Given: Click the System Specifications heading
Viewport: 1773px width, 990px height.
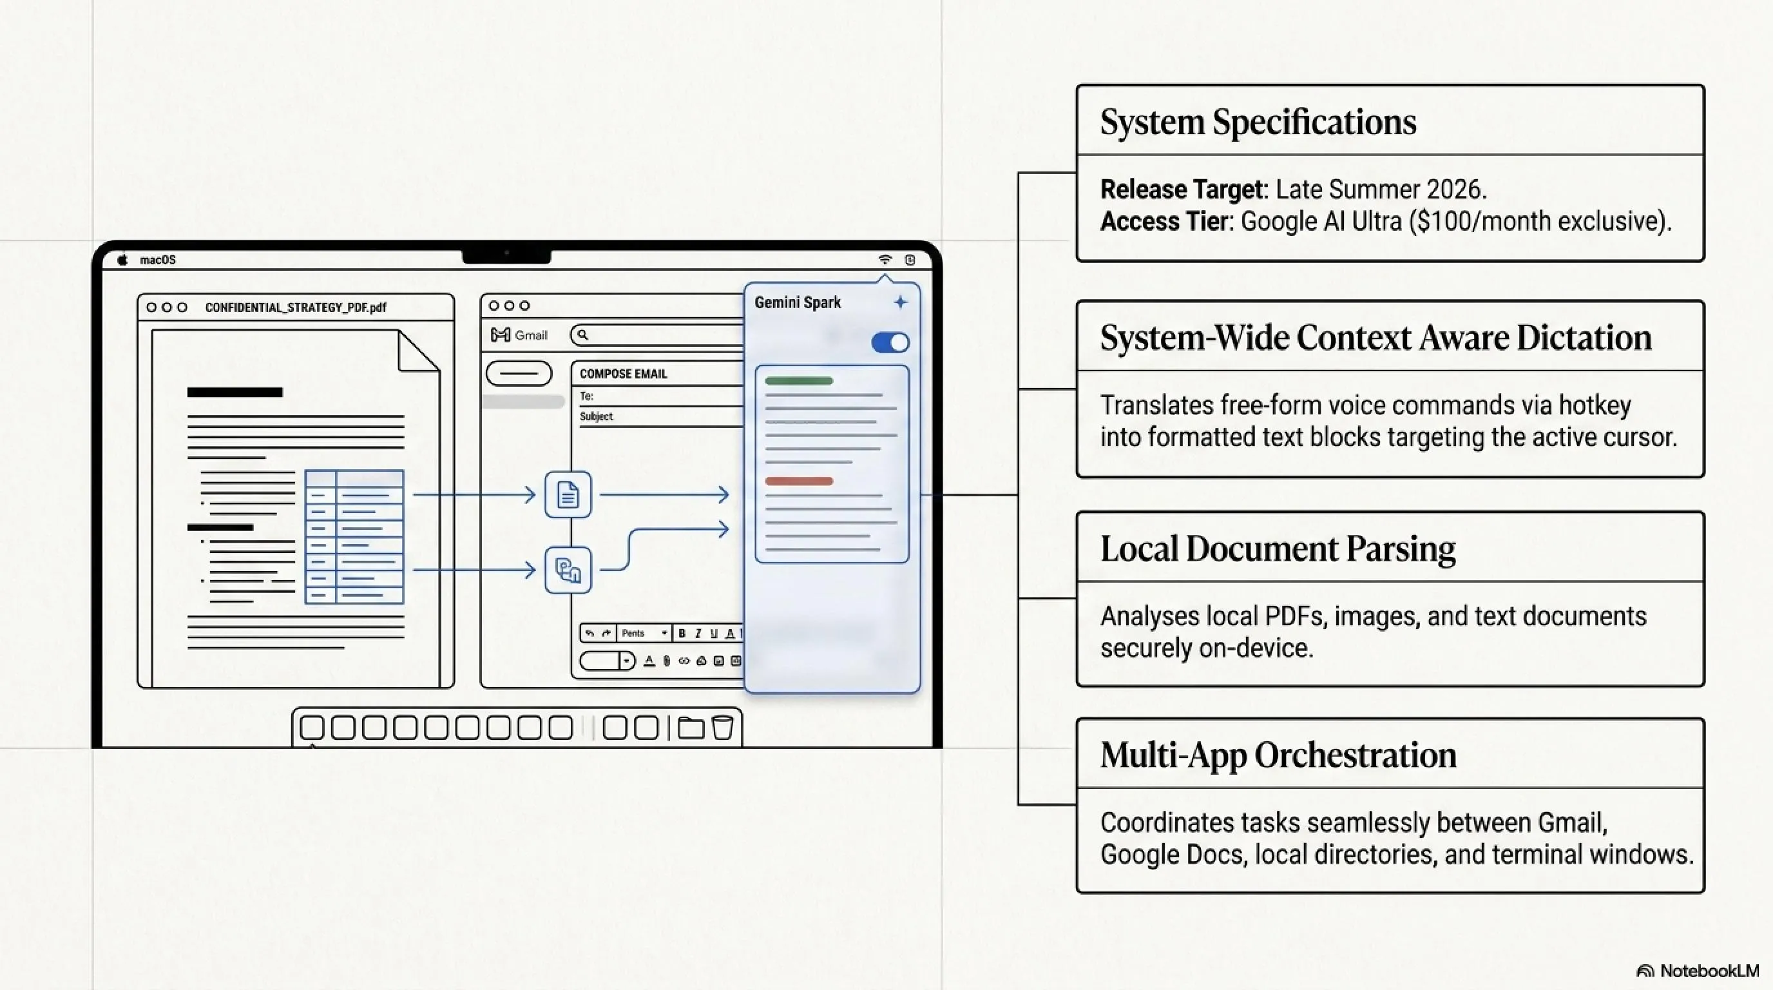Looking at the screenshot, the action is [x=1258, y=122].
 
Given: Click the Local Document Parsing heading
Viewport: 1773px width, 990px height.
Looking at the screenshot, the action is [x=1278, y=548].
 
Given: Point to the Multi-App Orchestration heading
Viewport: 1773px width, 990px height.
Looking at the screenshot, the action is [x=1278, y=755].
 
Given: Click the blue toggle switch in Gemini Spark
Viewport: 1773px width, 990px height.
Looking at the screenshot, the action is [x=890, y=342].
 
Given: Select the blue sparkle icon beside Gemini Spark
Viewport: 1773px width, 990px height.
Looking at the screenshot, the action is [x=900, y=302].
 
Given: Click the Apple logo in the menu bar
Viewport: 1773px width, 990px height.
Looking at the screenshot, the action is [x=122, y=260].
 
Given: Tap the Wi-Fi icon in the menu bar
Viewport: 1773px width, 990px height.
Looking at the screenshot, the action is [x=885, y=260].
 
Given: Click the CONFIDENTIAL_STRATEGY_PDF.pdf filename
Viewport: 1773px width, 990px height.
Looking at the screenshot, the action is [x=296, y=307].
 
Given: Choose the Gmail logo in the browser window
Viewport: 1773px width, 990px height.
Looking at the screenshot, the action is [x=501, y=335].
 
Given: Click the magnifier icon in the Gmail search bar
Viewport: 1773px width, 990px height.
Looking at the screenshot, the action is [x=583, y=335].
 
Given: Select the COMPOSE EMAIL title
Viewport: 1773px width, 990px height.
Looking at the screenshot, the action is [x=624, y=374].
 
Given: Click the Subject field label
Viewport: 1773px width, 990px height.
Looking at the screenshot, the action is [x=596, y=416].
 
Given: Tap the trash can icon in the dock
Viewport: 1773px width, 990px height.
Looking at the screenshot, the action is [x=723, y=728].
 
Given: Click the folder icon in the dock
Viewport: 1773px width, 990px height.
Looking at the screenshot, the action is [x=691, y=728].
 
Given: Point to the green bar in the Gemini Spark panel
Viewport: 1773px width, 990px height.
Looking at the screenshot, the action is [x=799, y=381].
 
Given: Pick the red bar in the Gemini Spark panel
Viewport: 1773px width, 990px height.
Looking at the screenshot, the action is [x=799, y=481].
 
